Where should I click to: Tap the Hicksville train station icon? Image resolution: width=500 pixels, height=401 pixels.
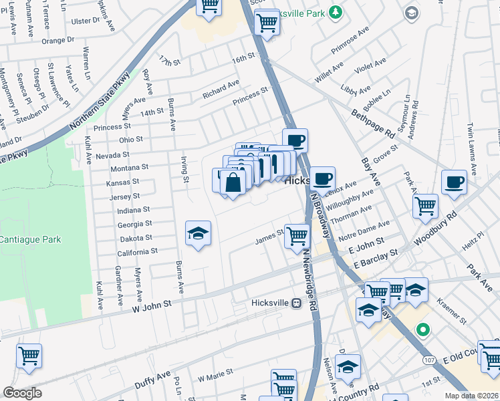(x=295, y=303)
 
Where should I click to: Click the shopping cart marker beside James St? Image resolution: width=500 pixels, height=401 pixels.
(x=297, y=236)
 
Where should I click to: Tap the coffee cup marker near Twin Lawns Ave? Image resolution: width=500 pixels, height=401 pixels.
(x=455, y=182)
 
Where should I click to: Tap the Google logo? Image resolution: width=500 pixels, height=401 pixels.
(x=22, y=393)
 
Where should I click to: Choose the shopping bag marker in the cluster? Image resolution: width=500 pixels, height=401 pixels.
(x=233, y=183)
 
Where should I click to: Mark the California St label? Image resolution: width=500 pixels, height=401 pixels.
(x=137, y=251)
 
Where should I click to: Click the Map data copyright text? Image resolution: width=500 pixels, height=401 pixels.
(x=471, y=396)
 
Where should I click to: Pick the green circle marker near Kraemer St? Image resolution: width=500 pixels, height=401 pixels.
(x=422, y=329)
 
